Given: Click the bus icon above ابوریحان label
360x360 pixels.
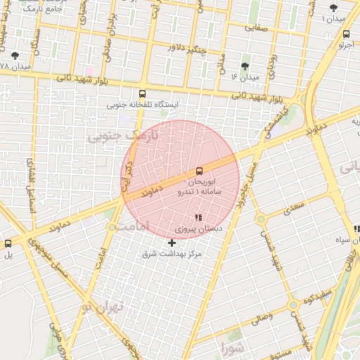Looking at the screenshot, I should [200, 171].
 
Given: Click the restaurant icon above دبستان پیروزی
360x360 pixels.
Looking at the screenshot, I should [198, 217].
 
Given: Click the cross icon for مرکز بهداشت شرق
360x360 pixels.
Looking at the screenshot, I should [172, 243].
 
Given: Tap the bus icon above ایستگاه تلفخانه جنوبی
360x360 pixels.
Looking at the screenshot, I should [143, 94].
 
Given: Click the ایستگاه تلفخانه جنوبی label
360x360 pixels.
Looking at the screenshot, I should [143, 105].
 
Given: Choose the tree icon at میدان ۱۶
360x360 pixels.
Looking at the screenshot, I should [245, 66].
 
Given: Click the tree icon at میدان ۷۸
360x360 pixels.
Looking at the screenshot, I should [15, 56].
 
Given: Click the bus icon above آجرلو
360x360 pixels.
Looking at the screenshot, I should [346, 34].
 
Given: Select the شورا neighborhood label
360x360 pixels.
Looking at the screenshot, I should [234, 347].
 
